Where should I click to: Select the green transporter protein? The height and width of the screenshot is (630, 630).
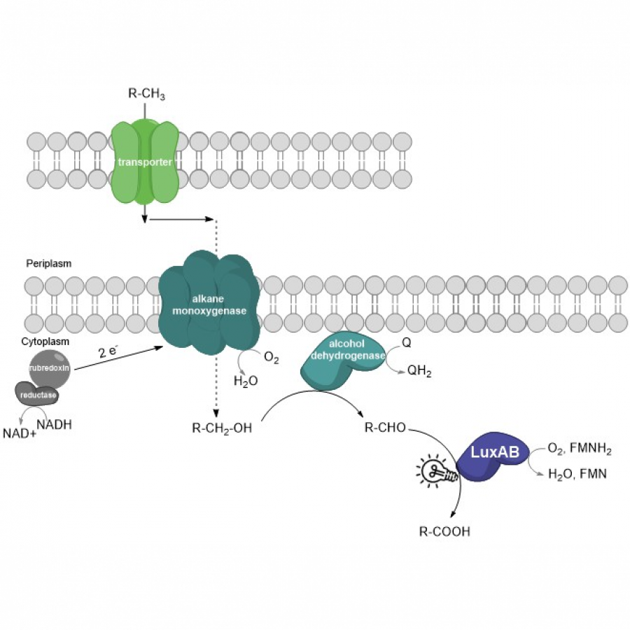145,162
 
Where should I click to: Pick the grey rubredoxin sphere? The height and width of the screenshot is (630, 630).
49,369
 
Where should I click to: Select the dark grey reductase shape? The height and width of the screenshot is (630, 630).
37,395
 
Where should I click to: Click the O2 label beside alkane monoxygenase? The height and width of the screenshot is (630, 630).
271,359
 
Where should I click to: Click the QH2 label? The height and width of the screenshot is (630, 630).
419,372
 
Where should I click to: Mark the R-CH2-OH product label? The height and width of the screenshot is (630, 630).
221,428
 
